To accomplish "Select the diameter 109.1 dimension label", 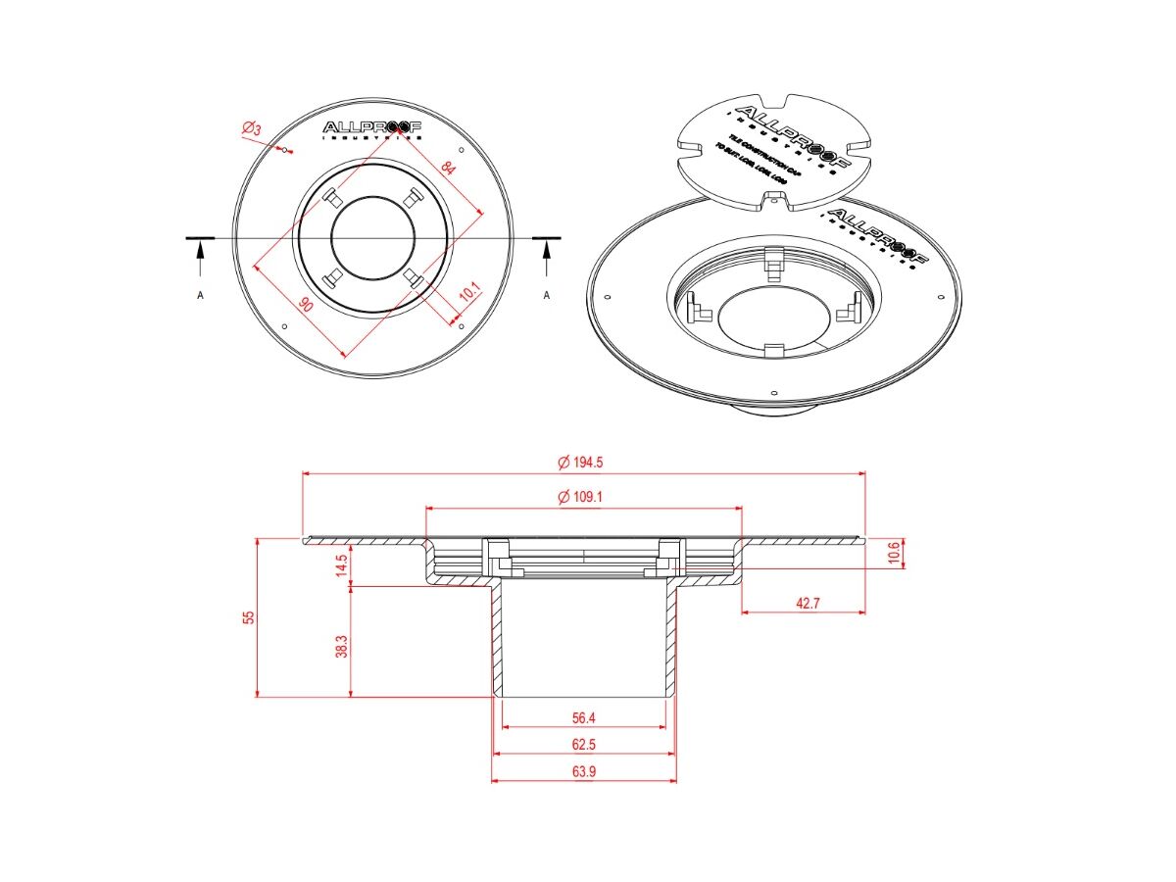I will (x=580, y=497).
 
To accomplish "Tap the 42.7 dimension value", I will (x=807, y=603).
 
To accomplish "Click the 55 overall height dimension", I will (x=249, y=616).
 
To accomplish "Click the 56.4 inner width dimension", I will (x=584, y=717).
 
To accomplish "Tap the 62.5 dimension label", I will (x=584, y=744).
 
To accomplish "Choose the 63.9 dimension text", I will (x=584, y=771).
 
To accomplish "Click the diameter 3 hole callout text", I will (x=251, y=129).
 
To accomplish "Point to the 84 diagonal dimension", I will (x=448, y=169).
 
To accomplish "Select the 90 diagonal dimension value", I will (x=307, y=305).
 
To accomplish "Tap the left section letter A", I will (x=201, y=295).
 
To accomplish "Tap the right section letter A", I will (x=547, y=295).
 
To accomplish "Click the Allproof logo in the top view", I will (x=372, y=128).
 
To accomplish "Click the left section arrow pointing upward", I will (x=201, y=260).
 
